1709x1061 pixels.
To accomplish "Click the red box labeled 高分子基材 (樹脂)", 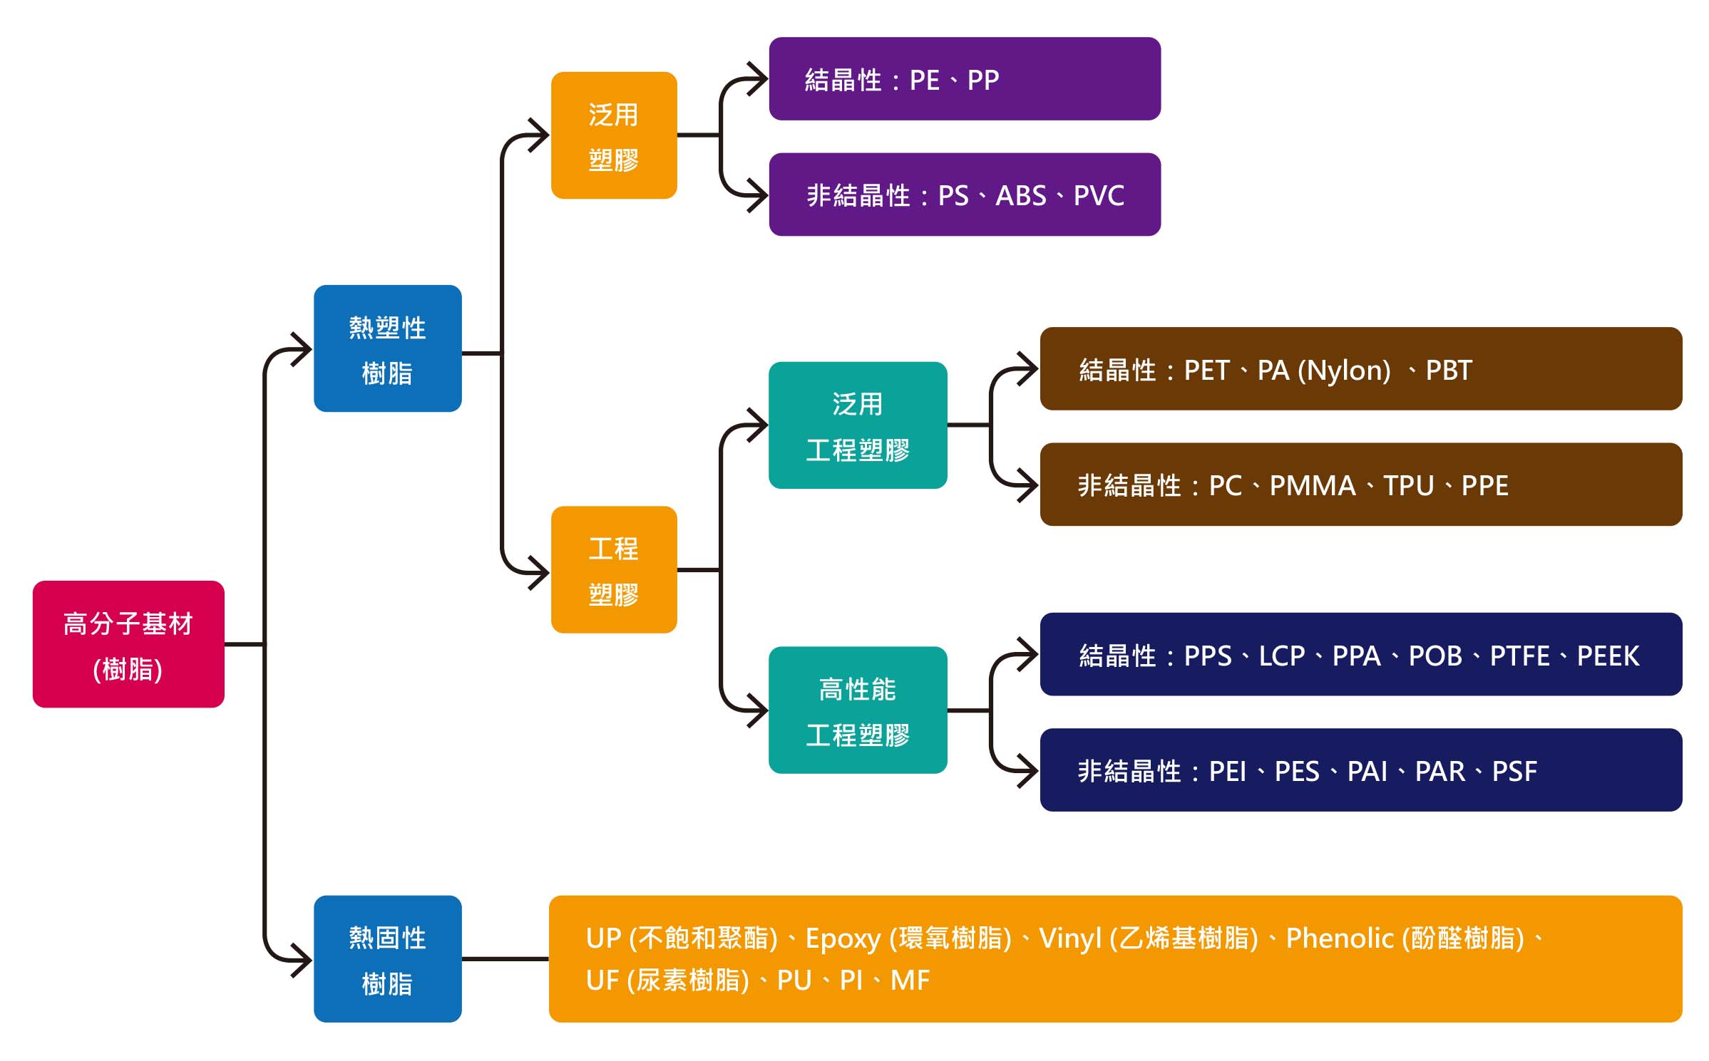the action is click(x=128, y=644).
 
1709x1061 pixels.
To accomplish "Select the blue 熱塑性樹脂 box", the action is click(x=388, y=348).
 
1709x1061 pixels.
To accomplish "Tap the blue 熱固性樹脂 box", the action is click(x=388, y=959).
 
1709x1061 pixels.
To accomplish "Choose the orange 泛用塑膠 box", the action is click(x=614, y=135).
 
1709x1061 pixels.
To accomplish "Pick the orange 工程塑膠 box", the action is click(x=614, y=570).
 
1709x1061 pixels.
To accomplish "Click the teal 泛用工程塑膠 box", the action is click(x=858, y=425).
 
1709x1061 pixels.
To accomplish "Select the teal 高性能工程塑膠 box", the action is click(x=858, y=710).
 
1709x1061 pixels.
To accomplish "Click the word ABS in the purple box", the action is click(x=1021, y=196).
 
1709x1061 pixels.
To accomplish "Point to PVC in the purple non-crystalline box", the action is click(x=1099, y=196).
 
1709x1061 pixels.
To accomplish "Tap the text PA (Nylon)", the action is click(x=1324, y=371).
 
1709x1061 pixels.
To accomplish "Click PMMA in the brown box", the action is click(x=1313, y=486).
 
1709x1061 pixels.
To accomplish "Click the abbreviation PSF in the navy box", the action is click(x=1514, y=772).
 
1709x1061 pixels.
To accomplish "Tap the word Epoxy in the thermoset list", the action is click(x=843, y=939).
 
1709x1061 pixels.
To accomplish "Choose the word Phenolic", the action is click(x=1340, y=938).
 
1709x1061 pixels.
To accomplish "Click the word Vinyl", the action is click(x=1070, y=939).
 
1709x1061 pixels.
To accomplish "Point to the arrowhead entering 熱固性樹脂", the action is click(x=302, y=960).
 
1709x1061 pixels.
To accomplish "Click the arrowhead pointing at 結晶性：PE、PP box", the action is click(x=757, y=78).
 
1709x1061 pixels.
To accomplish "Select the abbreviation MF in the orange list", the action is click(x=910, y=981).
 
